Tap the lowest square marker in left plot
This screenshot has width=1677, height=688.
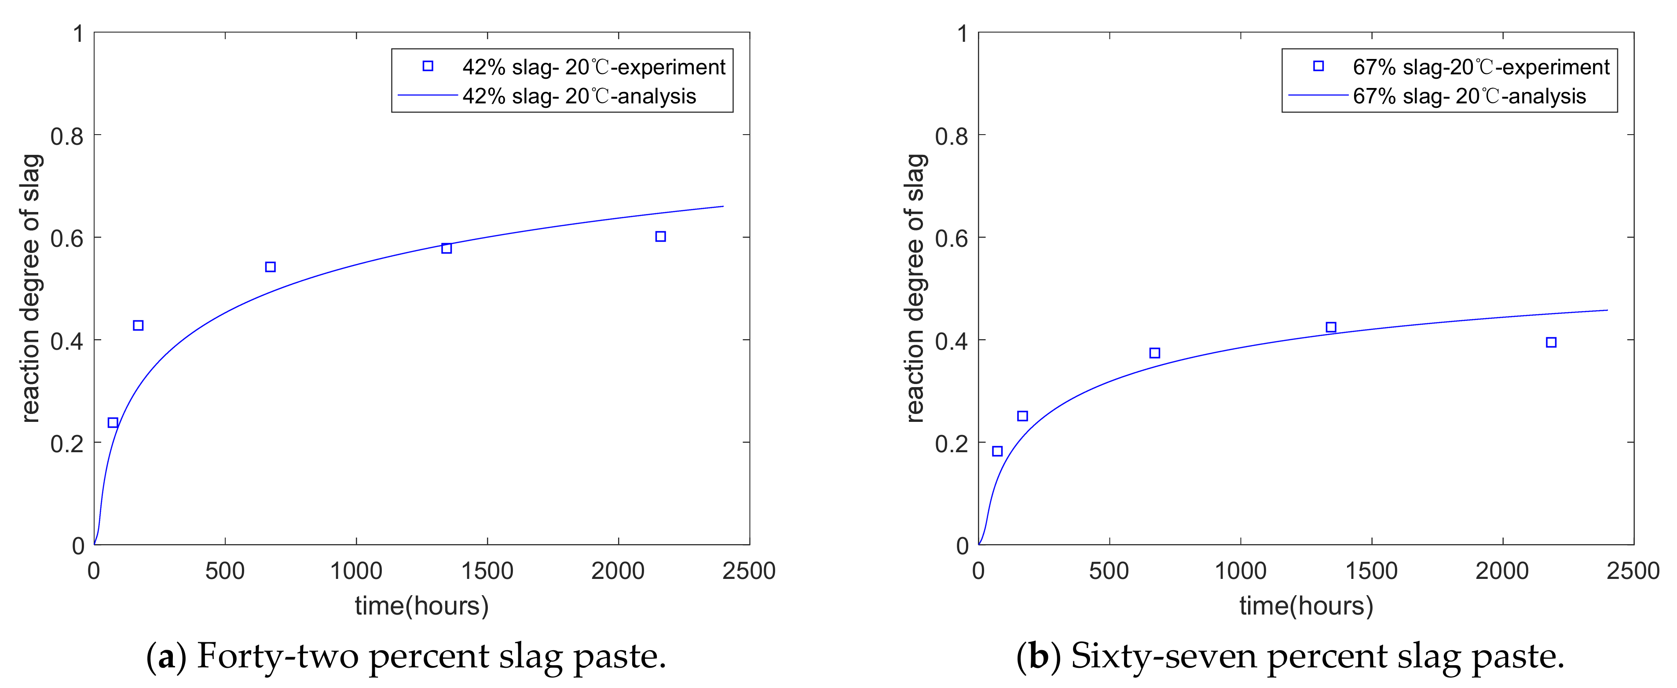113,422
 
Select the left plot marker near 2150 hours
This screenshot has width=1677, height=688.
660,236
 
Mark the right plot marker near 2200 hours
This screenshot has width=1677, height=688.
1551,342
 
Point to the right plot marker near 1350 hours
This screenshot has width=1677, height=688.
1331,327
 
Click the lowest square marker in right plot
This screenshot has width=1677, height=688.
997,451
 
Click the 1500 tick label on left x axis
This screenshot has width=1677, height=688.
487,571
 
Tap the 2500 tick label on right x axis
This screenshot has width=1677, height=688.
1633,571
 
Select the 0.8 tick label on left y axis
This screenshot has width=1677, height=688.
67,136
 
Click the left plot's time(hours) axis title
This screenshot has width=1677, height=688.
421,606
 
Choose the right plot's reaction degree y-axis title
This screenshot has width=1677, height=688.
915,288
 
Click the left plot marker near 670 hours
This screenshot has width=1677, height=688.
270,267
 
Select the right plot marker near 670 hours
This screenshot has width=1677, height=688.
1154,353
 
